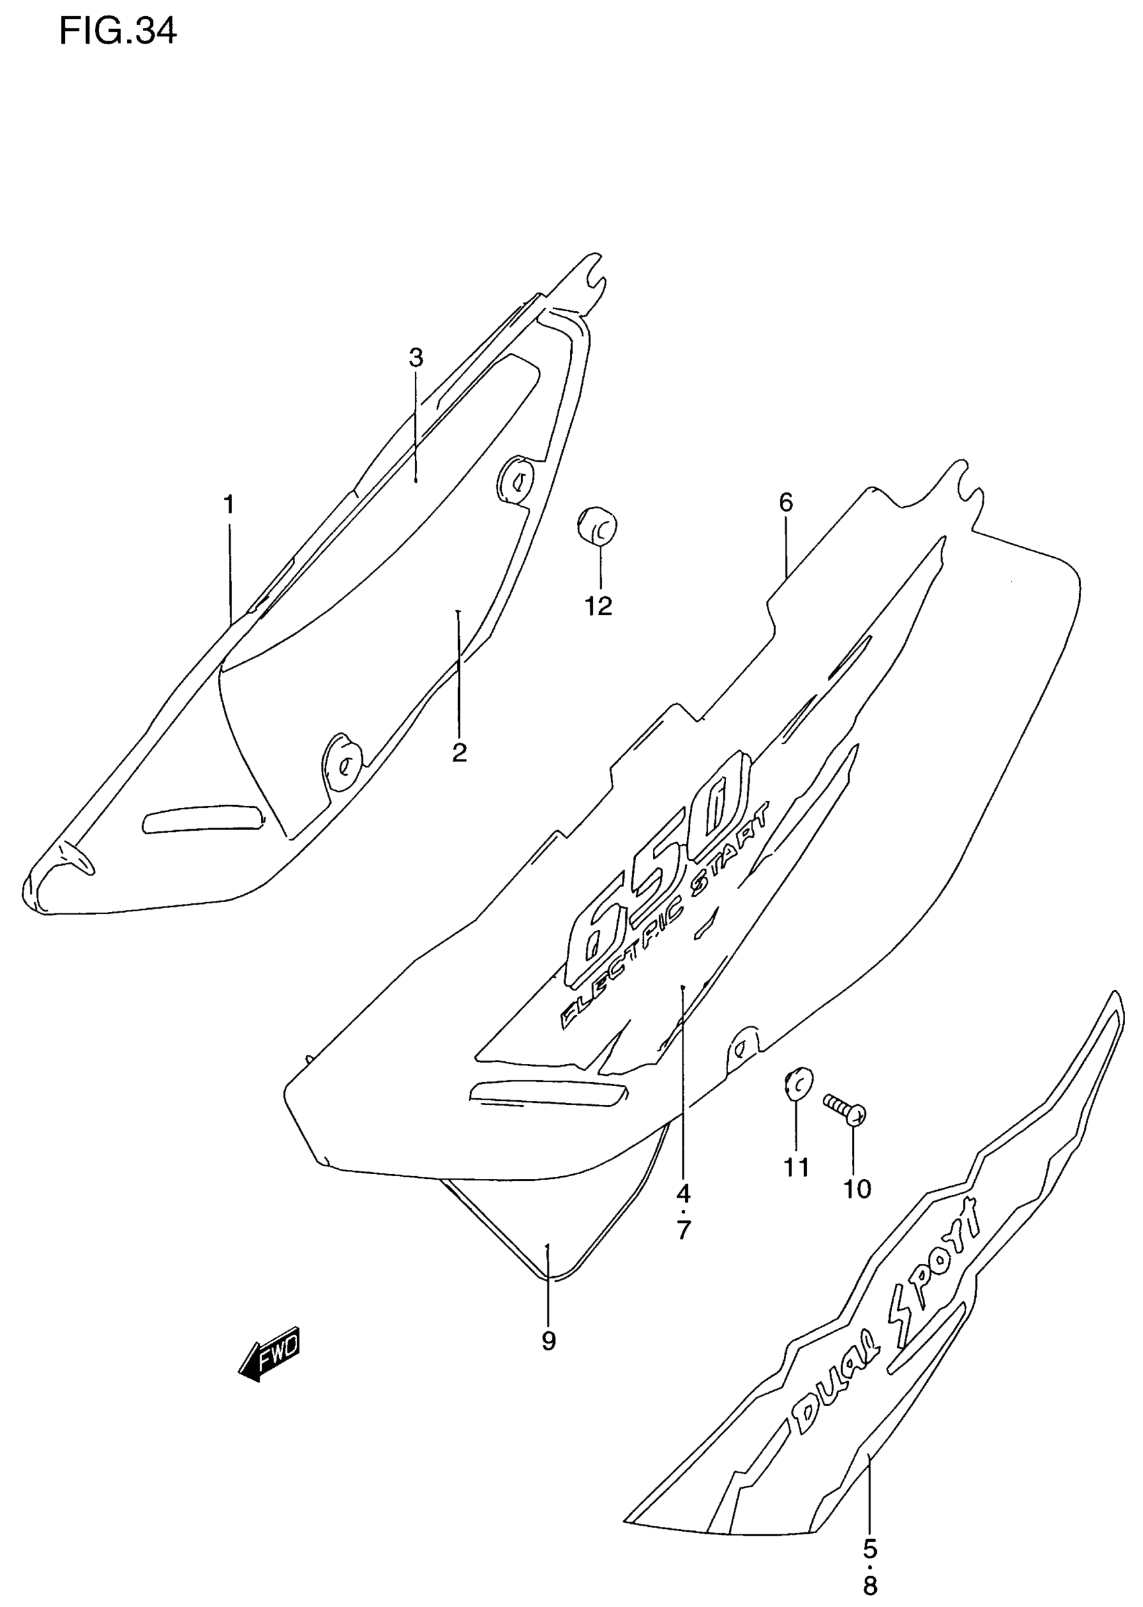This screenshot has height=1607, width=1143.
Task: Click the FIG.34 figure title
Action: click(x=118, y=32)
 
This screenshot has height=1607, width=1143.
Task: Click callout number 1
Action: click(x=229, y=505)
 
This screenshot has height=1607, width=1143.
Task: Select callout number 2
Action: click(x=459, y=753)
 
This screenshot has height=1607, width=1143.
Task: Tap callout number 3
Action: click(x=416, y=358)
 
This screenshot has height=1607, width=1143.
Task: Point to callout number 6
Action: click(x=785, y=502)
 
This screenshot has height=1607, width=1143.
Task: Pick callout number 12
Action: click(x=599, y=606)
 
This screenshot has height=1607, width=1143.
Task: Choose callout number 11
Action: click(x=796, y=1168)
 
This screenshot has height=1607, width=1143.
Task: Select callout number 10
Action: click(x=857, y=1189)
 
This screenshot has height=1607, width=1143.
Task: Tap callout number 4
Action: click(x=683, y=1192)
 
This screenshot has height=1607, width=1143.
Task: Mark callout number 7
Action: click(x=683, y=1231)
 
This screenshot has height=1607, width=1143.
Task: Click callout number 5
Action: click(x=870, y=1524)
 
